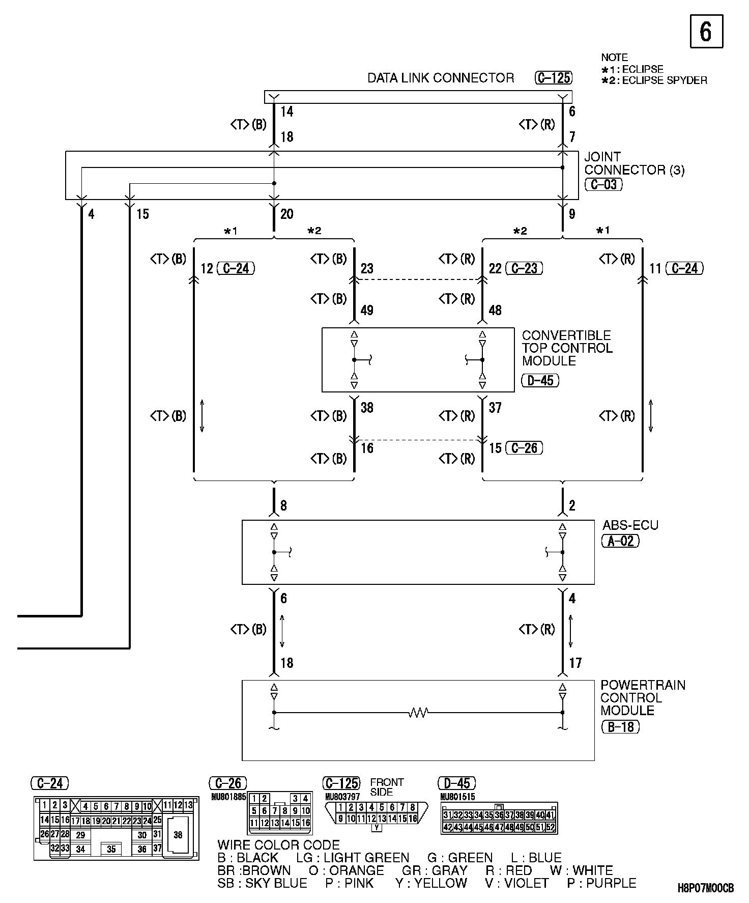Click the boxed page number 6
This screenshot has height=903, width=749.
[x=706, y=32]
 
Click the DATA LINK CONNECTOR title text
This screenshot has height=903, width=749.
[x=441, y=78]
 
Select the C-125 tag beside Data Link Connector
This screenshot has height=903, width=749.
[x=554, y=78]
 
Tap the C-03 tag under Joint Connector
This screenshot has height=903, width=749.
[x=603, y=184]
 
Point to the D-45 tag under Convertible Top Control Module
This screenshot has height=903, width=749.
[x=540, y=380]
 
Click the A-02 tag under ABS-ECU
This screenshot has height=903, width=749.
[x=620, y=541]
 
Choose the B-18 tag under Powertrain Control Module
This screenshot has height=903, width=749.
[x=620, y=726]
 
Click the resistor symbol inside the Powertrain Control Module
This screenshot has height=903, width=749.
[x=418, y=713]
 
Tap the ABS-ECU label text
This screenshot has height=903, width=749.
[x=630, y=525]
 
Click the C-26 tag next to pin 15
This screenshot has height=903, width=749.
[x=524, y=448]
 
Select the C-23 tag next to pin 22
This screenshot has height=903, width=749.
[x=524, y=268]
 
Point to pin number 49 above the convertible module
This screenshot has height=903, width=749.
[x=367, y=310]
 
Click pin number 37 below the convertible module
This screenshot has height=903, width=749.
[x=495, y=407]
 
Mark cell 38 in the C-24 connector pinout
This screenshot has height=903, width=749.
[x=178, y=835]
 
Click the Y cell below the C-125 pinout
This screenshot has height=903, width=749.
[x=377, y=828]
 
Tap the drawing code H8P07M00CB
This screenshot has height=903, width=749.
[x=705, y=888]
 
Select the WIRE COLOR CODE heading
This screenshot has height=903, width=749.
[x=278, y=845]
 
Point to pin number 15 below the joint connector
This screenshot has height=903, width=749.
[x=142, y=214]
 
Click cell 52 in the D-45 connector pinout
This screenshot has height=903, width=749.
[x=550, y=827]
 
